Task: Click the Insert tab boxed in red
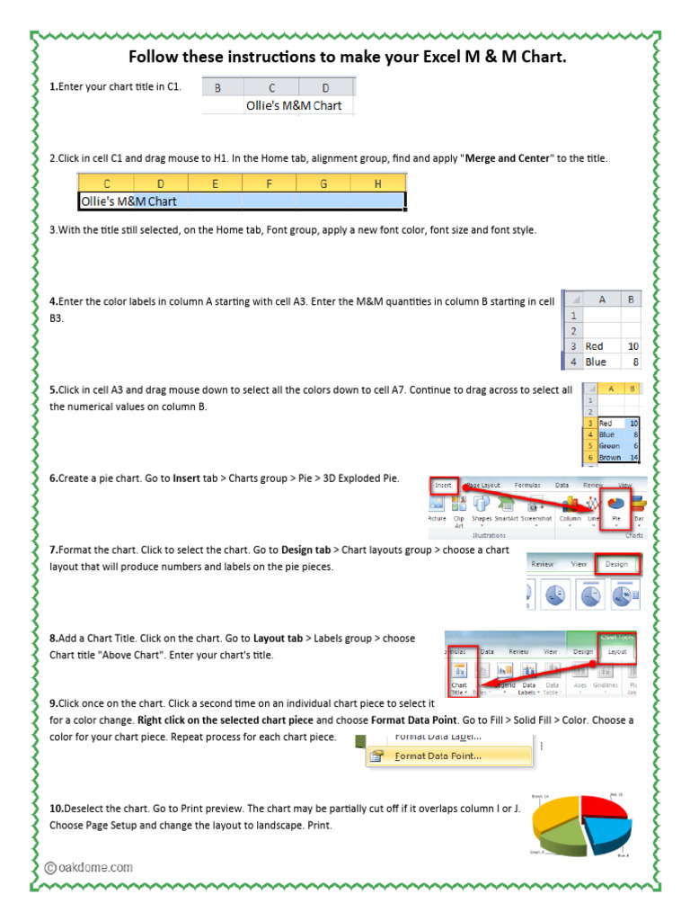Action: tap(444, 485)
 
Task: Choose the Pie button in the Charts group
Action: tap(615, 507)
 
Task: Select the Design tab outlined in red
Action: tap(616, 564)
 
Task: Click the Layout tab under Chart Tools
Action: tap(617, 651)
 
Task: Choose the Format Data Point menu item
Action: tap(438, 756)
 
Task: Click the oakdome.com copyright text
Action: tap(89, 867)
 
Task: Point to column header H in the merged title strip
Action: tap(376, 183)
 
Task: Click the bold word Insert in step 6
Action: tap(186, 478)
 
